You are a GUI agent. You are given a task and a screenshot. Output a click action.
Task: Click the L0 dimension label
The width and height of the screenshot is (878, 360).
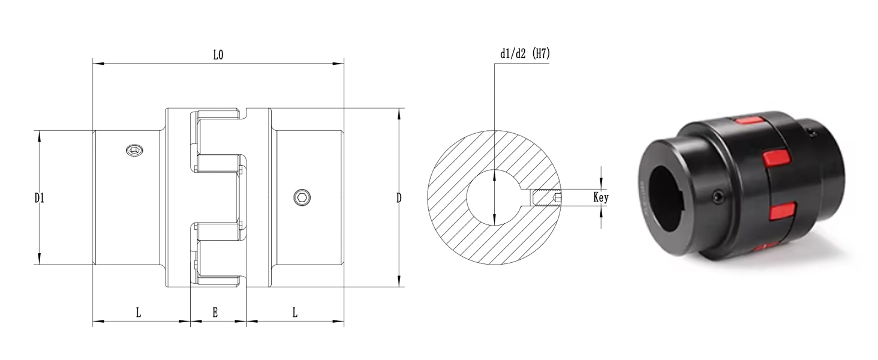pos(218,55)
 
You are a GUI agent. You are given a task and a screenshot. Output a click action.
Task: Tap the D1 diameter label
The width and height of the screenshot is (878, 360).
pos(39,198)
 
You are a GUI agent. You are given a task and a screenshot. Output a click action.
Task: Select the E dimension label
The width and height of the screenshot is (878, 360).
pos(215,313)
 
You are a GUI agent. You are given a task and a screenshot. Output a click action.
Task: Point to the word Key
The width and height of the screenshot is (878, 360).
pos(601,197)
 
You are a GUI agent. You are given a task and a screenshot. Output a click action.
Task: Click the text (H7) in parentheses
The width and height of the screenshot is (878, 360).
pos(542,53)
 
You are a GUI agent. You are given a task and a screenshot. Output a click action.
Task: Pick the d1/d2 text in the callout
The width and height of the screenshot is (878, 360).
pos(513,54)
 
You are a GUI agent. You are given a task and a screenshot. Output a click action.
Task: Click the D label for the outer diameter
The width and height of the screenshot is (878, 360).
pos(399,198)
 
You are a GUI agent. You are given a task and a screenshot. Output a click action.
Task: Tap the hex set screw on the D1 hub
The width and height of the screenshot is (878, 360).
pos(134,150)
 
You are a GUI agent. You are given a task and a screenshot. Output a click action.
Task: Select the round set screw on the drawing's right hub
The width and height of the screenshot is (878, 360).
pos(302,197)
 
